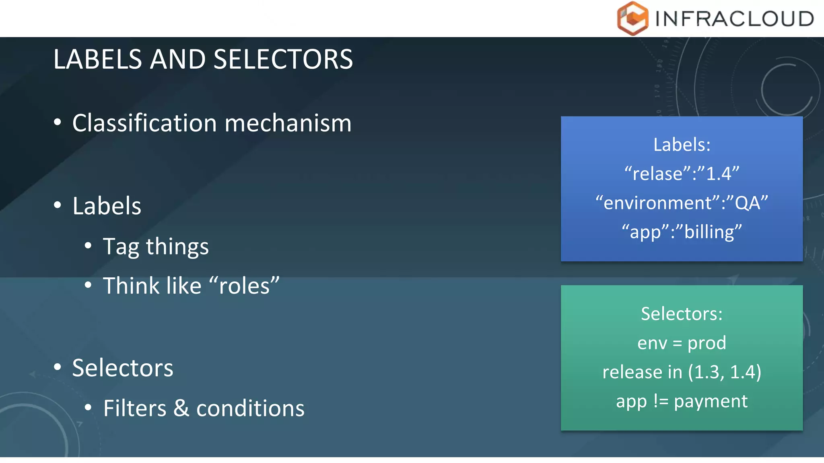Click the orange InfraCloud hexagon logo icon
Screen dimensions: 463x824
(632, 18)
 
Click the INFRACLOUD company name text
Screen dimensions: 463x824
(734, 19)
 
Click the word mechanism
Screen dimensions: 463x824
(288, 123)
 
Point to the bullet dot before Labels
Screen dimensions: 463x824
(58, 205)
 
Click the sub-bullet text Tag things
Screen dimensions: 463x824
(156, 246)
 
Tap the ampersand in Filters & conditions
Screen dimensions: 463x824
(181, 408)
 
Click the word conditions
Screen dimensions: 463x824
(250, 408)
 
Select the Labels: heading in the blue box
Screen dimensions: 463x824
(682, 145)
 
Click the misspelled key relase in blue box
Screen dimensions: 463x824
(657, 174)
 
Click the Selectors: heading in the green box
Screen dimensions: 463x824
(682, 314)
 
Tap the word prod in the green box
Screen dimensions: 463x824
(707, 343)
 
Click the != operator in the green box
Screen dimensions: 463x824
(660, 401)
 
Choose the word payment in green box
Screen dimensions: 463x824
(711, 402)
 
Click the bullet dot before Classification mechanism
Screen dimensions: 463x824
(58, 122)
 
